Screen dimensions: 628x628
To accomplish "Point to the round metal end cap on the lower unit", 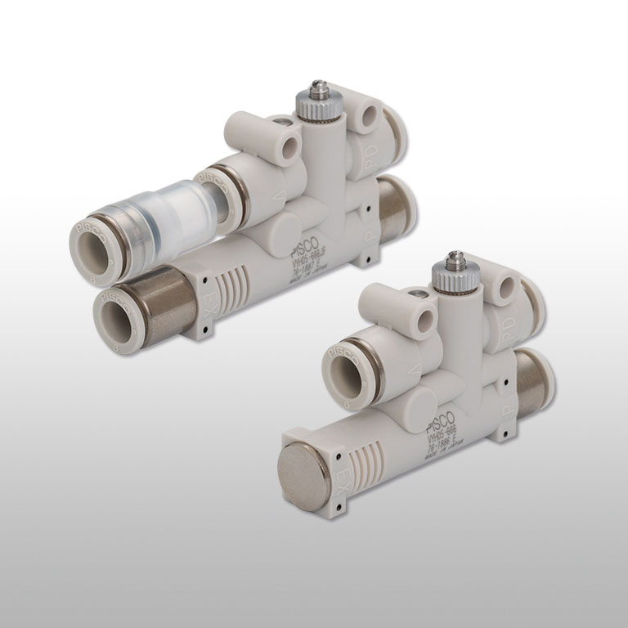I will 303,475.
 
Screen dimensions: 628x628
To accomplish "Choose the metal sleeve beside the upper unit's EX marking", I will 169,300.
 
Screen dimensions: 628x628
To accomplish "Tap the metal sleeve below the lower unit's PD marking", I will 533,380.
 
